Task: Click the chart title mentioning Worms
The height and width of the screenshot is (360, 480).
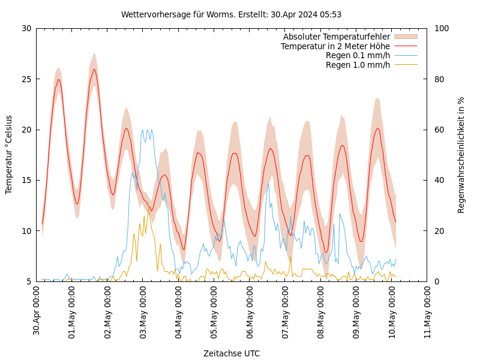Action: [x=231, y=14]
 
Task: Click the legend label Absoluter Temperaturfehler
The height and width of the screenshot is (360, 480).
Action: [x=336, y=37]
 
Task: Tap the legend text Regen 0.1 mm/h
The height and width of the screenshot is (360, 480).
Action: [x=358, y=55]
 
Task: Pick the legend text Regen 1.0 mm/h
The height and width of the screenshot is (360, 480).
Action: [x=358, y=65]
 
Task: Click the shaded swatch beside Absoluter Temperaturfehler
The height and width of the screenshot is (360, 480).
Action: [x=405, y=37]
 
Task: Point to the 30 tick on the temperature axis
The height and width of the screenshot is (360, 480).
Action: [x=26, y=28]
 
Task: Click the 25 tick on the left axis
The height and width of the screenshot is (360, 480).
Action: [x=26, y=79]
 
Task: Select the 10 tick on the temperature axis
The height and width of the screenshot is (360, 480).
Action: [x=26, y=231]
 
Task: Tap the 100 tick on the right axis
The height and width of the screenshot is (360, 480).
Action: [x=442, y=28]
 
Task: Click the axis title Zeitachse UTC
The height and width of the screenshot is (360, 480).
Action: [x=232, y=353]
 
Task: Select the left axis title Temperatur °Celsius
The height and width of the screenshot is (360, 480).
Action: [x=9, y=154]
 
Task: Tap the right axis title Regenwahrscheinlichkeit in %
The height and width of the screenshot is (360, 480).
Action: [x=461, y=154]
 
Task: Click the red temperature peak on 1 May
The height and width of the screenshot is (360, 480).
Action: [x=94, y=70]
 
